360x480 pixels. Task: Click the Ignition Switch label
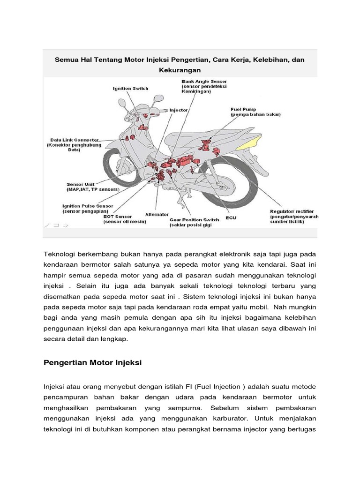(x=130, y=88)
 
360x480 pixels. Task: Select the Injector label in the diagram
(x=178, y=110)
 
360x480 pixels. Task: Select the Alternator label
(x=157, y=214)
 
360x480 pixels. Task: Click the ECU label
(x=231, y=217)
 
